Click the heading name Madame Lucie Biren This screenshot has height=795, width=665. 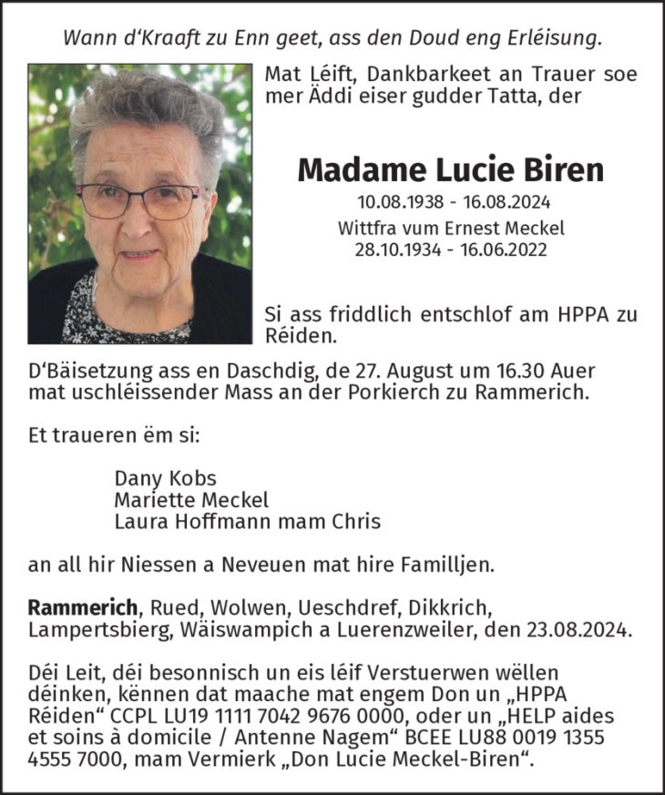(x=451, y=168)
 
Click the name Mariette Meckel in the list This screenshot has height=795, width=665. (x=191, y=500)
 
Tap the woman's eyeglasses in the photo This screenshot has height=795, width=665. (x=138, y=199)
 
